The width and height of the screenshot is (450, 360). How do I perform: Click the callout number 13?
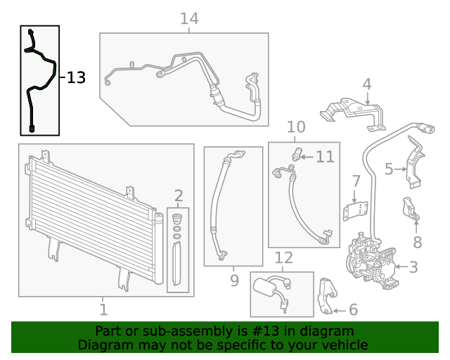pos(76,78)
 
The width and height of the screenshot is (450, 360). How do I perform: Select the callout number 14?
pos(189,19)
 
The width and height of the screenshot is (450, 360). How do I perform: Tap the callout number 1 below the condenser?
pos(103,309)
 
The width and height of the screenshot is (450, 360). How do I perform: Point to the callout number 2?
pos(179,195)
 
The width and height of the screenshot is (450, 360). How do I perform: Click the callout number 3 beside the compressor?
pos(413,266)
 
